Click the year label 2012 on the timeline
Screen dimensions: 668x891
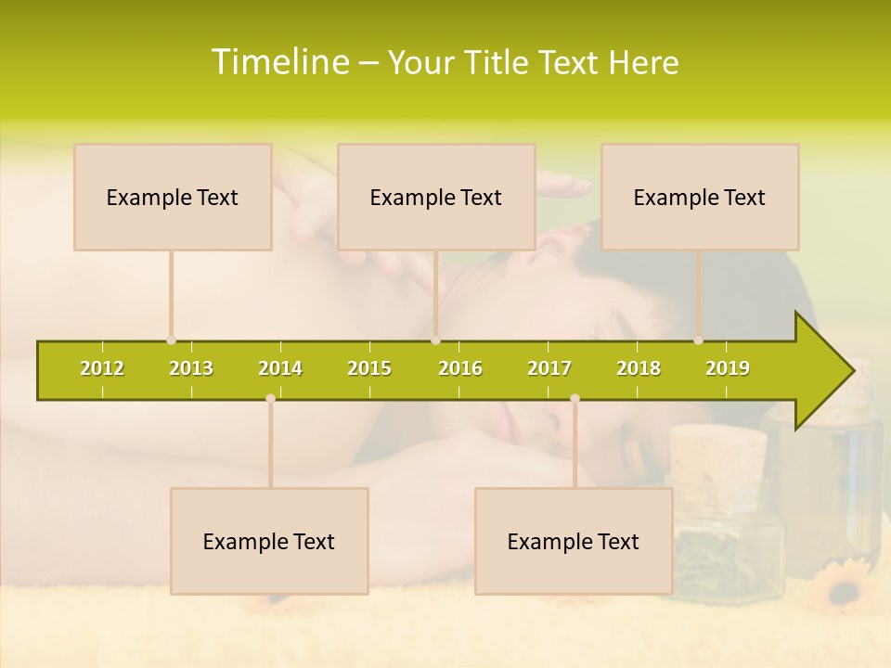102,368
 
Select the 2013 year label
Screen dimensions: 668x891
191,368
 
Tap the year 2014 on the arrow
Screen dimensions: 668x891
280,368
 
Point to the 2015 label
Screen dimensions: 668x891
369,368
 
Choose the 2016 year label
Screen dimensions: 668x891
460,368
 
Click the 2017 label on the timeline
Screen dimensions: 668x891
549,368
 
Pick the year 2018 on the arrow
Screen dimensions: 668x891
639,368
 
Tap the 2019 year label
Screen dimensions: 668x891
728,368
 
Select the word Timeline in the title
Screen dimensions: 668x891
279,62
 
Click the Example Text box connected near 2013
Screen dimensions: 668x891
173,197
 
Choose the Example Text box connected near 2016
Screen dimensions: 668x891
436,197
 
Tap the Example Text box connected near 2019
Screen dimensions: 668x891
700,197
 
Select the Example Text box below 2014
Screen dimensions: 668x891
269,541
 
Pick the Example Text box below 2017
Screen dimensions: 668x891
574,541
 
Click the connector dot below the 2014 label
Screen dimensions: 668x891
270,399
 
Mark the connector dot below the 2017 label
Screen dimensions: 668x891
575,399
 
